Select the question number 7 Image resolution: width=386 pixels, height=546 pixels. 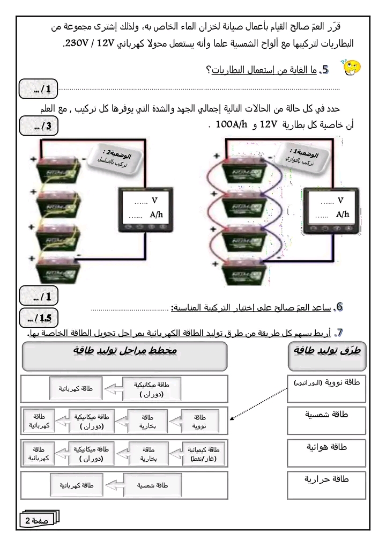click(339, 332)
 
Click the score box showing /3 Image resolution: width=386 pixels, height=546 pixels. click(38, 127)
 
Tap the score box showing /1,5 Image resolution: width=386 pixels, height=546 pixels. click(38, 318)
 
